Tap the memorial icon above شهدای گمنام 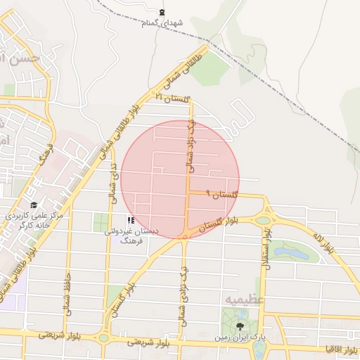pyautogui.click(x=163, y=13)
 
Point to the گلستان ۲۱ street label pyautogui.click(x=173, y=98)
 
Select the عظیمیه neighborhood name pyautogui.click(x=244, y=300)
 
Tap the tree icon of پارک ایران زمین pyautogui.click(x=240, y=326)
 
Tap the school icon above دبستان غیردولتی pyautogui.click(x=131, y=220)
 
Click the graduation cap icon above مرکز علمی pyautogui.click(x=34, y=205)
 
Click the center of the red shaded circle pyautogui.click(x=181, y=179)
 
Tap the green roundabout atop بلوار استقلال pyautogui.click(x=263, y=220)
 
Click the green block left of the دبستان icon pyautogui.click(x=101, y=221)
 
